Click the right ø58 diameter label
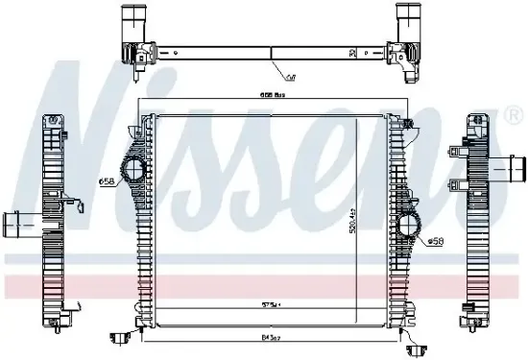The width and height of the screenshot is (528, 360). (436, 241)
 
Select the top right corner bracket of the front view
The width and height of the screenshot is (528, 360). (409, 122)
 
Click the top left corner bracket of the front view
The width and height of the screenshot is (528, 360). (148, 121)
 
